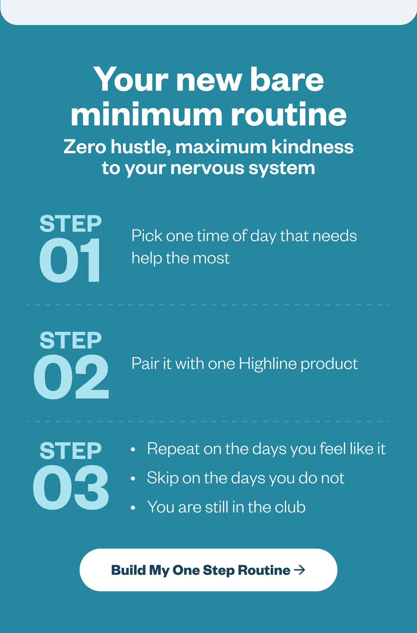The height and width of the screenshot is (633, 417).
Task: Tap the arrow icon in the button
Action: click(x=300, y=570)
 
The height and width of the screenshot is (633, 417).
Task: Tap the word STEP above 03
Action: click(x=71, y=451)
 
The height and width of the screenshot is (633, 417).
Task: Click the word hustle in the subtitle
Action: click(x=140, y=147)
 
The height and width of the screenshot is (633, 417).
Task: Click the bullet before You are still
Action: click(x=133, y=508)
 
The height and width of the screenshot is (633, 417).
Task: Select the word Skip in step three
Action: click(x=163, y=478)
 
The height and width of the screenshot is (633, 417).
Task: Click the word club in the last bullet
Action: click(x=290, y=507)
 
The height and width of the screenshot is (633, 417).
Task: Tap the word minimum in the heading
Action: click(x=146, y=114)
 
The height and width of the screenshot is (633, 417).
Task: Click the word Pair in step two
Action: click(x=145, y=364)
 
